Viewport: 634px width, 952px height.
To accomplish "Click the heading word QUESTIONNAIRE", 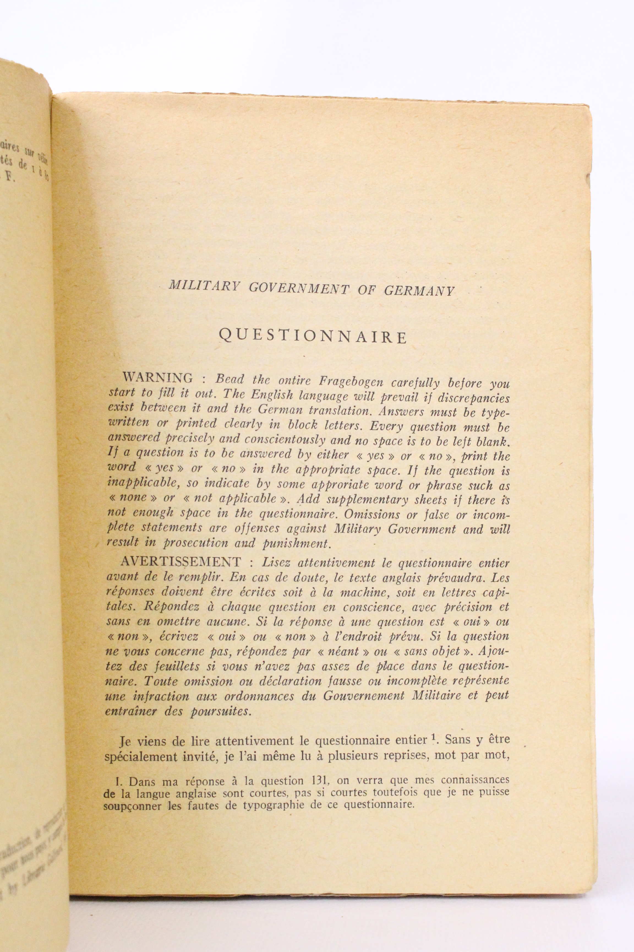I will click(313, 336).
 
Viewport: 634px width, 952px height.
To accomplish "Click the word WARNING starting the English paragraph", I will click(157, 378).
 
